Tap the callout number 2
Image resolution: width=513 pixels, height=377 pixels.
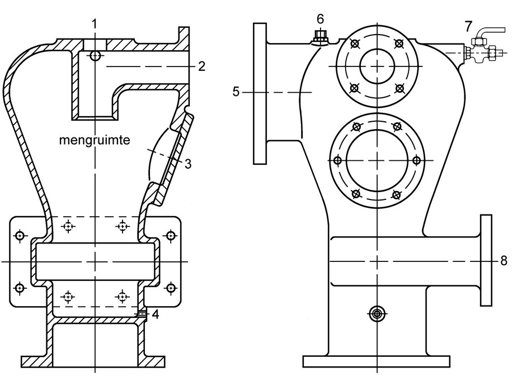[201, 66]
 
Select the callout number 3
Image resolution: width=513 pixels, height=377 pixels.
[188, 164]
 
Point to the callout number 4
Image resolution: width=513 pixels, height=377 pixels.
[155, 314]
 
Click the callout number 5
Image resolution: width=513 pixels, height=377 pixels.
[237, 92]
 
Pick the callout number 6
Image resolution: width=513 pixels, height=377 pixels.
[320, 19]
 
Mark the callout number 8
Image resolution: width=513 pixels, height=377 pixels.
[504, 261]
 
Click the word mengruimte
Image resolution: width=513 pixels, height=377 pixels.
[95, 141]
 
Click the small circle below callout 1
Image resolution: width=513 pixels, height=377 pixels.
[95, 56]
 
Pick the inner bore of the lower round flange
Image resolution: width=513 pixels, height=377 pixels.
[376, 161]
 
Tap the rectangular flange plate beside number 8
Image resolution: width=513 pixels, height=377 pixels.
[487, 260]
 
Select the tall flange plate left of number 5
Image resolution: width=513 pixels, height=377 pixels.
[260, 93]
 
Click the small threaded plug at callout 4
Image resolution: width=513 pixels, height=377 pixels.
[143, 314]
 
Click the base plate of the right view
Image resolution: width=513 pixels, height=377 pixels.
[376, 361]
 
